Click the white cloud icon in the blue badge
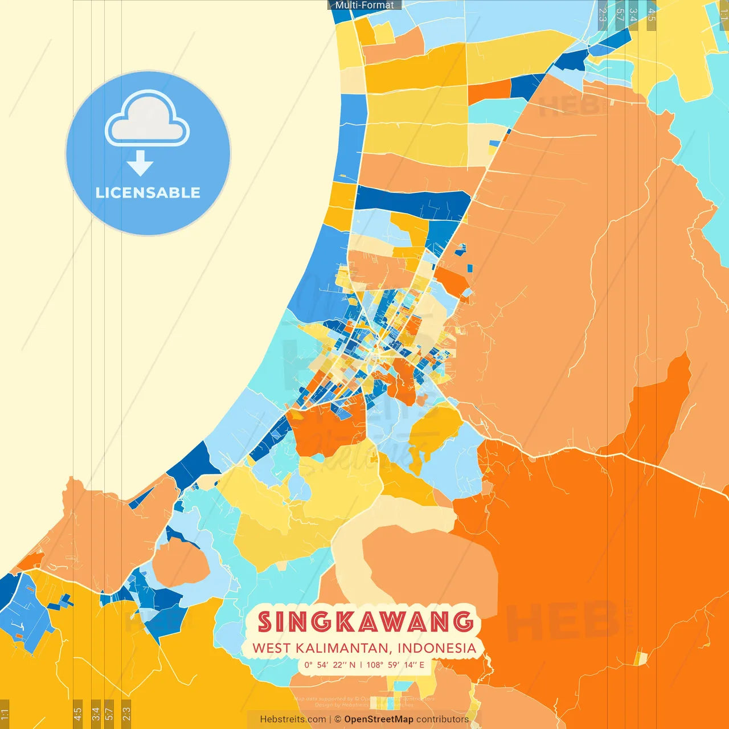(x=147, y=120)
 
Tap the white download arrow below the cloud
(x=140, y=163)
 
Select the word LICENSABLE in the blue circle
(x=148, y=193)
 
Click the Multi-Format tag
(x=364, y=5)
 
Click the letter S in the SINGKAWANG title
(x=265, y=622)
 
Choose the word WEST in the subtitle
(x=271, y=648)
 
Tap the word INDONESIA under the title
(x=437, y=648)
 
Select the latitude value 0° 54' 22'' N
(x=330, y=665)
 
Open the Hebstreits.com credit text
(x=293, y=719)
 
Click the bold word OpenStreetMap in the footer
(x=379, y=719)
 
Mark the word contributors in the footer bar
(x=443, y=719)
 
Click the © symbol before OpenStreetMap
(x=338, y=719)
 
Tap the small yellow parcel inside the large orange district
(x=641, y=658)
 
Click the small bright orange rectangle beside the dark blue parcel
(x=489, y=91)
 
